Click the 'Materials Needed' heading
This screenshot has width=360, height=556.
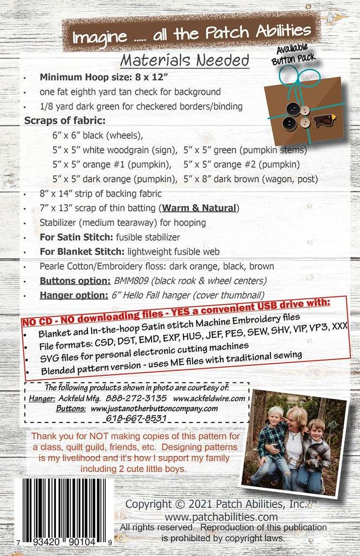[185, 60]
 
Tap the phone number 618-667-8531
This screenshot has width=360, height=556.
[137, 419]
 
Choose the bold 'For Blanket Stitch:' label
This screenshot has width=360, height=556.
[81, 251]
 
